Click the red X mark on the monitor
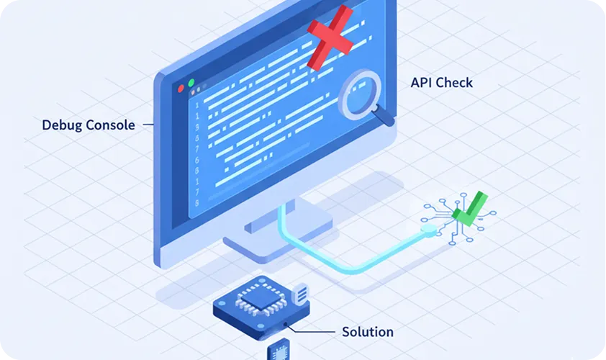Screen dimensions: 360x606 pos(330,37)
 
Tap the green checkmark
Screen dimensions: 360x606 pos(469,210)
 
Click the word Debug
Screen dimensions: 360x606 pos(62,125)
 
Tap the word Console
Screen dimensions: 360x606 pos(110,125)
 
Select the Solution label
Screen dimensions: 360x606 pos(367,332)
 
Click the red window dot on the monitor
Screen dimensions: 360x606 pos(181,89)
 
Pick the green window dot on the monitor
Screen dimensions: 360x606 pos(191,84)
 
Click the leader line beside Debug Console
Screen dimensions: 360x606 pos(148,125)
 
